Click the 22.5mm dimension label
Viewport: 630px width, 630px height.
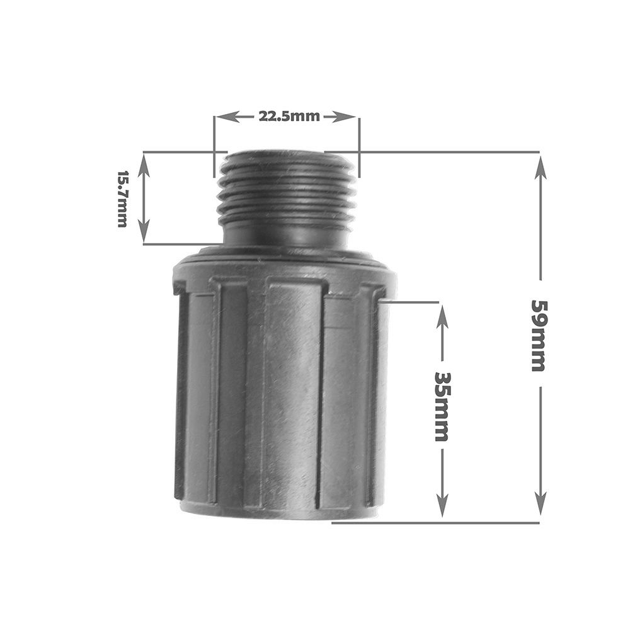(x=289, y=117)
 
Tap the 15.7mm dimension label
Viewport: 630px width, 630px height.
(x=122, y=199)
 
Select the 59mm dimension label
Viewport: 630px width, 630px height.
(x=538, y=335)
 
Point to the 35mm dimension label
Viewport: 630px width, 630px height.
(x=442, y=406)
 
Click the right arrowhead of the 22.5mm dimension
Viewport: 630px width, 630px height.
(x=345, y=117)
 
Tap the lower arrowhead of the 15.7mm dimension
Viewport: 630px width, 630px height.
(x=144, y=231)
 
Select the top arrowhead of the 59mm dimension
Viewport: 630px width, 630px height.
(x=541, y=169)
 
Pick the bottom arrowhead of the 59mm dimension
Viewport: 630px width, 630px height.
(x=541, y=502)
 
